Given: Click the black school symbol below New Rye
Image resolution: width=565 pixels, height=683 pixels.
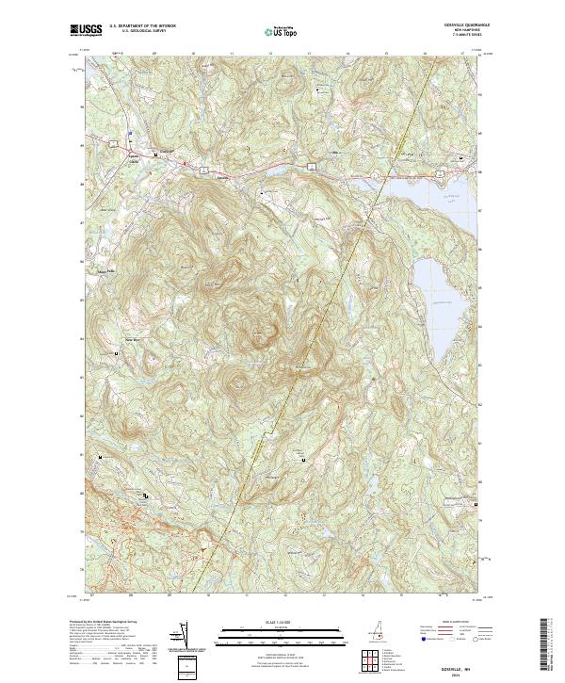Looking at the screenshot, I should pyautogui.click(x=117, y=352).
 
